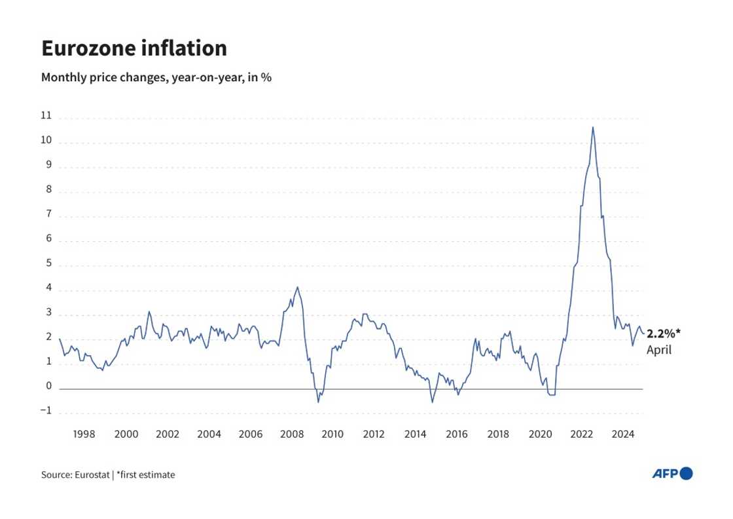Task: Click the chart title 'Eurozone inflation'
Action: (x=134, y=48)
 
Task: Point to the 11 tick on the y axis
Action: (x=46, y=116)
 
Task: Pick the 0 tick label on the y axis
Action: (x=48, y=387)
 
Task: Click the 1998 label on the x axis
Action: (x=84, y=434)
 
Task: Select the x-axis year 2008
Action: (x=291, y=434)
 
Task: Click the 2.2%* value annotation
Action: (x=664, y=334)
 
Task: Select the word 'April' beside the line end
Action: (x=659, y=351)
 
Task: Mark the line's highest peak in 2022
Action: (x=592, y=127)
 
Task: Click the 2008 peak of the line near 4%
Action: (x=298, y=287)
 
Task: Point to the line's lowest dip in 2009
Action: (x=319, y=401)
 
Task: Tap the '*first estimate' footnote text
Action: (x=145, y=474)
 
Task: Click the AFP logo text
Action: (x=665, y=474)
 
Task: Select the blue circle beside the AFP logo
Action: (x=686, y=473)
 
